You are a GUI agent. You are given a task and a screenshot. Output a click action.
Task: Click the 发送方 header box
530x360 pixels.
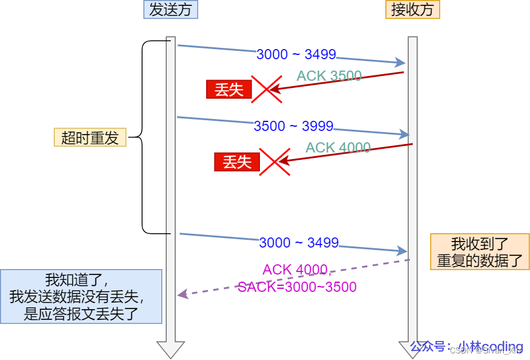[170, 10]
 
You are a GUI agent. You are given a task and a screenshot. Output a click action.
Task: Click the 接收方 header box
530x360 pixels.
[412, 10]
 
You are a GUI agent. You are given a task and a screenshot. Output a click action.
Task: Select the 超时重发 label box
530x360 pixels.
[90, 138]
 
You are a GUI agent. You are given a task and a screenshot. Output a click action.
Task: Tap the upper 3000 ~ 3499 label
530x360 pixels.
[296, 54]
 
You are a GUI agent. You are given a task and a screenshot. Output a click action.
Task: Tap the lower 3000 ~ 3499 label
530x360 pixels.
[299, 243]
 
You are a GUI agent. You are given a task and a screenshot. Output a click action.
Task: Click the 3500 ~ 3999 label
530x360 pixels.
[293, 126]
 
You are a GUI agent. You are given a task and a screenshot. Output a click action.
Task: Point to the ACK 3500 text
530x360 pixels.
[329, 76]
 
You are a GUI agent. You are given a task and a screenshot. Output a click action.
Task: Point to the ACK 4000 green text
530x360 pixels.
[338, 148]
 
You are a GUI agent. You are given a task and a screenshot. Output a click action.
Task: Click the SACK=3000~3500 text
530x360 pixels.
[297, 287]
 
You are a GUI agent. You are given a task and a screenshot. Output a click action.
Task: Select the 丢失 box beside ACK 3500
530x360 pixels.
[229, 90]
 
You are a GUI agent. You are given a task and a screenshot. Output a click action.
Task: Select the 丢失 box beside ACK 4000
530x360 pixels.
[237, 161]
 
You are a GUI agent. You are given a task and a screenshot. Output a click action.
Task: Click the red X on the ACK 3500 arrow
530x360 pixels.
[266, 90]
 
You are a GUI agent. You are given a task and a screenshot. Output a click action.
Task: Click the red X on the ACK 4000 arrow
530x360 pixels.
[274, 161]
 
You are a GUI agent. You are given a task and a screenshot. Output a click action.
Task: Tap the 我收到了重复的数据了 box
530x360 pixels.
[480, 252]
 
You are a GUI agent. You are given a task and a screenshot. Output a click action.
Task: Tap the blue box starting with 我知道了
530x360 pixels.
[81, 297]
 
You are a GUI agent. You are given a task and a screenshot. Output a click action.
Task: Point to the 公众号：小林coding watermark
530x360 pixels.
[466, 347]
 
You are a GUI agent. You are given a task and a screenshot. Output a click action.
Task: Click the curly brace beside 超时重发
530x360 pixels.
[143, 138]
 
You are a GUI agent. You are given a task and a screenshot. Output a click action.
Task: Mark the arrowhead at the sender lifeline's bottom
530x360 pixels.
[171, 349]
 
